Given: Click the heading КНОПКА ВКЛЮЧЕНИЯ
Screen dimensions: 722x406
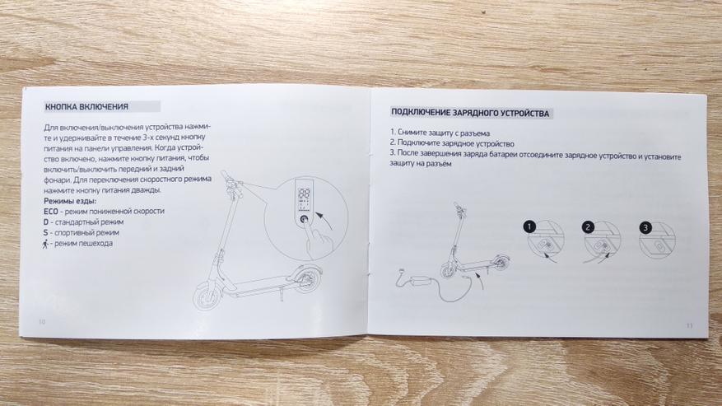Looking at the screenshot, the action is pos(86,107).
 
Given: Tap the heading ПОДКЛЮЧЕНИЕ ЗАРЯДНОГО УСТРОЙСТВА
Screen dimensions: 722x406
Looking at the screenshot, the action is pos(470,113).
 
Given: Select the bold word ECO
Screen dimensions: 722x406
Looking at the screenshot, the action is pos(51,211).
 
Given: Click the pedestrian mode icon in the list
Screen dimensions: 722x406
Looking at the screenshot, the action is pos(45,244).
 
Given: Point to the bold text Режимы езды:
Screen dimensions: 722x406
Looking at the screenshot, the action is pos(70,201).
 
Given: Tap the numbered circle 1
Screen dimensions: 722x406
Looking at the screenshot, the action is pos(529,226).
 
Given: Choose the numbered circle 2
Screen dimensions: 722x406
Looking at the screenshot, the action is pos(588,226).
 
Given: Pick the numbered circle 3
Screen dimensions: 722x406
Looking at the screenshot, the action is pos(645,227).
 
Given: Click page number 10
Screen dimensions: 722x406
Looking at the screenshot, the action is pos(42,322).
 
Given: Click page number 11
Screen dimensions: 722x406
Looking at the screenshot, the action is pos(689,326).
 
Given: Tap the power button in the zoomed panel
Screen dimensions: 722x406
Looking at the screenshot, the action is pos(305,220).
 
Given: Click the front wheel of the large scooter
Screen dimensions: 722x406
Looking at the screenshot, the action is pos(207,296).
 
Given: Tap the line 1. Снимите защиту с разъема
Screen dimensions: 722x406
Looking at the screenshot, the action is pos(440,133).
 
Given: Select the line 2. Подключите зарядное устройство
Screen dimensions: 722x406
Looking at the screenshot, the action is pos(452,143).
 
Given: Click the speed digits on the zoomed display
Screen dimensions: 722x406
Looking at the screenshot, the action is pos(304,194).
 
